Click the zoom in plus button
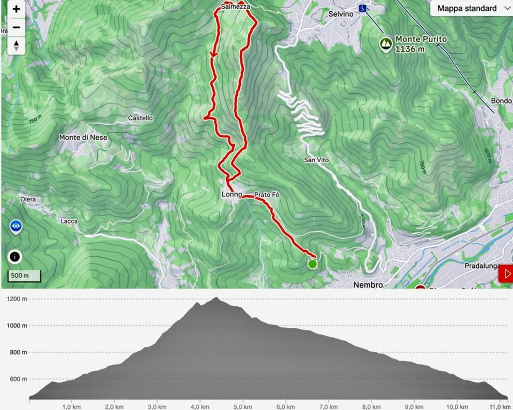click(x=17, y=9)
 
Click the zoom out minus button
click(x=17, y=27)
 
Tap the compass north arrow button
click(x=17, y=45)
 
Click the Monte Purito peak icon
click(x=385, y=44)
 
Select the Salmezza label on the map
click(x=235, y=7)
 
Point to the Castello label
click(x=141, y=118)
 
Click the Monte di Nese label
click(x=83, y=137)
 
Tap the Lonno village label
click(x=232, y=195)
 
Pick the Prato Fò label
click(x=267, y=195)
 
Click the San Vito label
click(x=316, y=160)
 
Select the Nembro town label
click(x=368, y=285)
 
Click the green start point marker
click(x=312, y=264)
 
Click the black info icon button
click(x=15, y=257)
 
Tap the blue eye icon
click(x=17, y=227)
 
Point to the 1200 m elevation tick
click(x=17, y=299)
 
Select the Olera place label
click(x=28, y=200)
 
